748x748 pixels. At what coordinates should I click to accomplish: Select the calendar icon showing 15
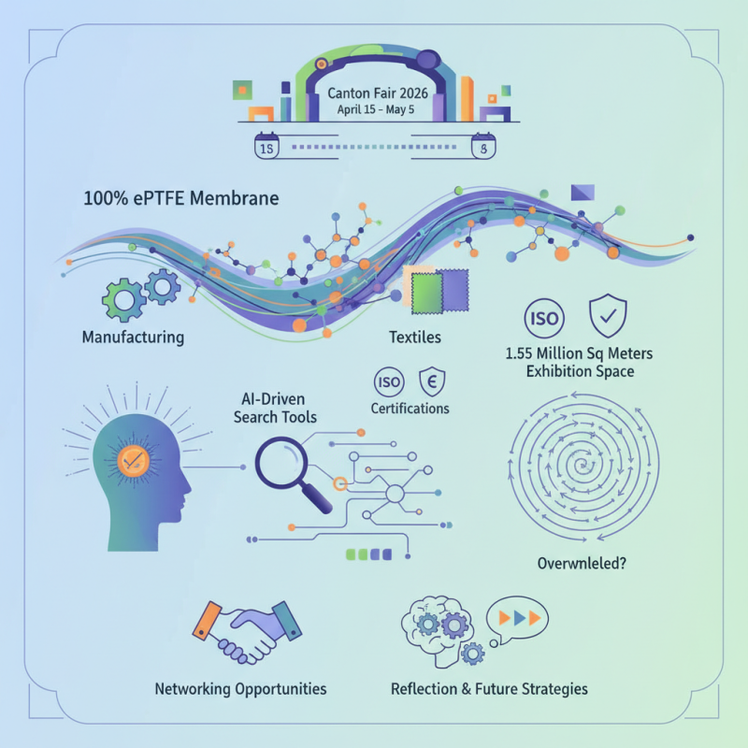tap(267, 148)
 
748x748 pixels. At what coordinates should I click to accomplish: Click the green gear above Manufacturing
tap(123, 298)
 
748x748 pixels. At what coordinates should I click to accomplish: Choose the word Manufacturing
tap(133, 337)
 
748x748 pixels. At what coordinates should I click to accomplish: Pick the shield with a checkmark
tap(605, 318)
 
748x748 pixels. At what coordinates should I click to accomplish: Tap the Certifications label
tap(410, 409)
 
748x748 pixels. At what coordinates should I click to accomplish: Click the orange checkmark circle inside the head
tap(130, 458)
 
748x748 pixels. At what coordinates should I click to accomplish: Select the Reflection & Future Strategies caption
tap(488, 689)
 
